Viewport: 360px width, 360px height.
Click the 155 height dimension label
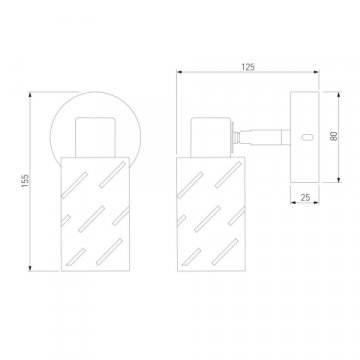pos(25,181)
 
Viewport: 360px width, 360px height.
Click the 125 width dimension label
pos(248,67)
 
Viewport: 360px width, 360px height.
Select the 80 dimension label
pos(334,136)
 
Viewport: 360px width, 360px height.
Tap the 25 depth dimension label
pos(305,197)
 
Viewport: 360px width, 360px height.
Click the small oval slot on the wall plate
pos(307,137)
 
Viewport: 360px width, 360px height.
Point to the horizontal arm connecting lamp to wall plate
pos(263,137)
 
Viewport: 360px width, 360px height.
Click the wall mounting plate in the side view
pos(305,137)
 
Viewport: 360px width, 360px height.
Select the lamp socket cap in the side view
pos(211,137)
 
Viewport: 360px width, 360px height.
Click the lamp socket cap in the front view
pos(95,137)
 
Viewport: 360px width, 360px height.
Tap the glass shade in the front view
pos(95,214)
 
